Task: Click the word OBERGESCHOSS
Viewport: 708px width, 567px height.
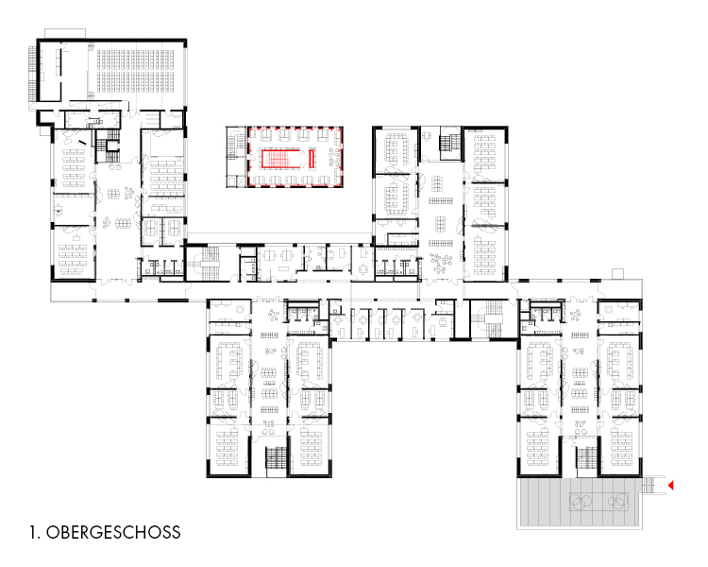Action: [113, 532]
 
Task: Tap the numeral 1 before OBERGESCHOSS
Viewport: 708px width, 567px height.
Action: [33, 532]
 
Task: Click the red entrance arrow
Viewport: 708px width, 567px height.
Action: [671, 486]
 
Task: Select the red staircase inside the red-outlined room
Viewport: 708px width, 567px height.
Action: [281, 158]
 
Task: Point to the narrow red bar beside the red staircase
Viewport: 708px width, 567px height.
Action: [312, 158]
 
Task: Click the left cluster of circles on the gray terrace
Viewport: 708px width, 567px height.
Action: [581, 501]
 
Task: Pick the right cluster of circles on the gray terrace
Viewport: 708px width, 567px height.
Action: [617, 501]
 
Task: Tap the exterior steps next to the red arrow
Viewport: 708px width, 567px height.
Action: [649, 485]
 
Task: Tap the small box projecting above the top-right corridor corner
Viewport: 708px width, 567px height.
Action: [617, 273]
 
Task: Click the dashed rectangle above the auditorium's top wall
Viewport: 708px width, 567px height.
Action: [64, 34]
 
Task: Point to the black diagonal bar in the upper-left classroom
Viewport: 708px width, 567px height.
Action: [82, 143]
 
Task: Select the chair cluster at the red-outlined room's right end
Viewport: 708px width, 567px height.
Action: [334, 158]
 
